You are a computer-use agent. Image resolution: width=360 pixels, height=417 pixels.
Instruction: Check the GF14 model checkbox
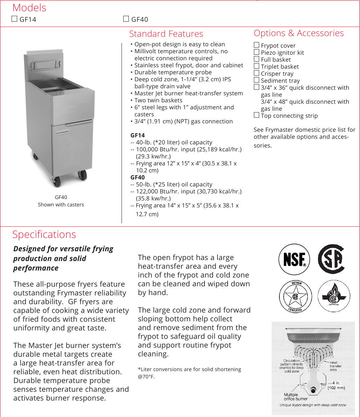click(x=14, y=19)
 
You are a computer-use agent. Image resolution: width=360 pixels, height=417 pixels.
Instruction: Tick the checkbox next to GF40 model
click(x=126, y=19)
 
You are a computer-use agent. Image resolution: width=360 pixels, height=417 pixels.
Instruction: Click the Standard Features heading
click(x=166, y=34)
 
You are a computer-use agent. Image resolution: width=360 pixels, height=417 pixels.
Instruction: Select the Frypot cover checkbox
click(x=256, y=45)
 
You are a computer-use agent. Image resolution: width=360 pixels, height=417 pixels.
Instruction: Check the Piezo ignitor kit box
click(x=256, y=52)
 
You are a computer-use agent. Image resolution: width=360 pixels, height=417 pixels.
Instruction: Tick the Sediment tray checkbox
click(x=256, y=80)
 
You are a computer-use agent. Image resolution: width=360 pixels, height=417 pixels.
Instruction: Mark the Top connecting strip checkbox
click(x=256, y=115)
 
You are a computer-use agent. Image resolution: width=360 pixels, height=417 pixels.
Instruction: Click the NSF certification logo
click(x=295, y=259)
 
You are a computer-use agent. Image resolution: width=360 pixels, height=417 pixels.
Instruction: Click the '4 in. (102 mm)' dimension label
click(x=336, y=385)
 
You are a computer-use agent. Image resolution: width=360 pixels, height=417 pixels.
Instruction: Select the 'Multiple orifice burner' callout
click(x=296, y=397)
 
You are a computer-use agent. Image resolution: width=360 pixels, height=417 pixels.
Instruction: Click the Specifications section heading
click(x=44, y=234)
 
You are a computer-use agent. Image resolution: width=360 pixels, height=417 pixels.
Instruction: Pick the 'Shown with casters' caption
click(x=61, y=205)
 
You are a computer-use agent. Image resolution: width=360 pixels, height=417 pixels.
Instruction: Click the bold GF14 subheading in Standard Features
click(x=138, y=135)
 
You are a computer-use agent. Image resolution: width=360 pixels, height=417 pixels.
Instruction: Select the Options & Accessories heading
click(x=299, y=33)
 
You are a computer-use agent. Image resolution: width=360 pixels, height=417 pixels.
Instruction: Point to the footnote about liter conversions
click(x=189, y=373)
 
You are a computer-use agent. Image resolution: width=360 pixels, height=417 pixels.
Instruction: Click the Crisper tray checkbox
click(x=256, y=73)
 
